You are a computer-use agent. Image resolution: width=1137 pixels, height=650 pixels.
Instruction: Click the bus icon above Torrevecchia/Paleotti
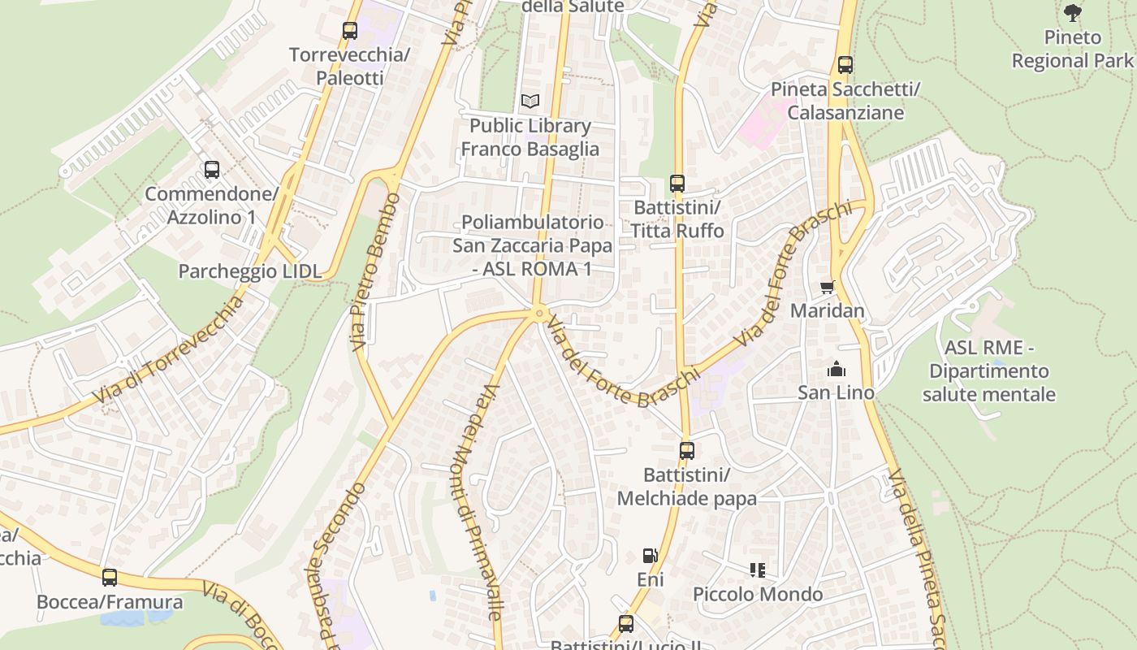tap(350, 31)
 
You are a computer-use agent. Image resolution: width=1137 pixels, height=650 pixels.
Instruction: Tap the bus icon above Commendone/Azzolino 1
tap(212, 170)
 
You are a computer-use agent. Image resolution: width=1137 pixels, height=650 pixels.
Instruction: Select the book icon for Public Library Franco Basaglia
tap(530, 102)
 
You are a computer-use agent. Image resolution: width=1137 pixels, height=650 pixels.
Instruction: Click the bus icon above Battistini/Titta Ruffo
tap(677, 184)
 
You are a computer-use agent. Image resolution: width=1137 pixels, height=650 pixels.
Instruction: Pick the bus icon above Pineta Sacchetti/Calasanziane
tap(845, 65)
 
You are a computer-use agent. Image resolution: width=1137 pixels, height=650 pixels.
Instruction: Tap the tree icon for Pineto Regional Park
tap(1073, 13)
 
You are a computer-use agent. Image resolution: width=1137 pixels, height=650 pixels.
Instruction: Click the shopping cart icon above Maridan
tap(827, 287)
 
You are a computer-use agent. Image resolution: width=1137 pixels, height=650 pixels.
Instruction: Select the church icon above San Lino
tap(836, 370)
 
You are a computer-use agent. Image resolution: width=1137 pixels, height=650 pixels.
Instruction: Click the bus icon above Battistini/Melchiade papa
tap(687, 450)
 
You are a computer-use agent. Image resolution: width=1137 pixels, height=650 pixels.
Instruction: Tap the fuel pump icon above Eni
tap(650, 556)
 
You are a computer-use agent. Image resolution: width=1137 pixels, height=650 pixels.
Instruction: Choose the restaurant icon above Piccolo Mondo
tap(758, 570)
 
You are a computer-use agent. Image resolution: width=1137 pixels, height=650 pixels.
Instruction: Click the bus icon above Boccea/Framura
tap(110, 578)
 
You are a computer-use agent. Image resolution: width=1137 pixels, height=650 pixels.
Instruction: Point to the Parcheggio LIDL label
tap(250, 271)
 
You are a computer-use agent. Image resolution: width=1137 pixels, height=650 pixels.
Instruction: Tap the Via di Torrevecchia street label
tap(168, 350)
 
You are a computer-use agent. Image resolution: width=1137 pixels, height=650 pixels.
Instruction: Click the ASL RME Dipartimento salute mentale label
tap(988, 371)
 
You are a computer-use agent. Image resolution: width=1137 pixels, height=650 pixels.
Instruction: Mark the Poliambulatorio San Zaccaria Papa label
tap(532, 245)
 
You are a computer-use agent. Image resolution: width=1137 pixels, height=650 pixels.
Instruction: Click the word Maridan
tap(827, 311)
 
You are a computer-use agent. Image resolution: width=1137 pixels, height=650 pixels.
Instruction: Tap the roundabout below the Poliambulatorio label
tap(538, 313)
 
